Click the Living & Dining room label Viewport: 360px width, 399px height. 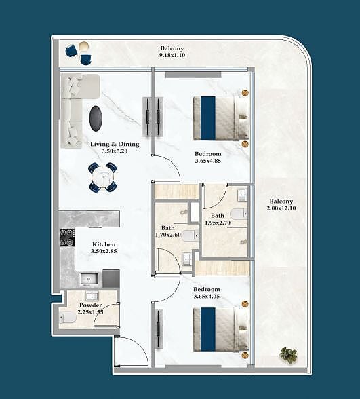point(115,144)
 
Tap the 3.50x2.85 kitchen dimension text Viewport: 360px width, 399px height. point(104,251)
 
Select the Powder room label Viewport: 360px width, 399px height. point(91,305)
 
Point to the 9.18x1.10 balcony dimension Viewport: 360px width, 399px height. point(172,55)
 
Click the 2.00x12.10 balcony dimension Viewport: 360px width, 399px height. point(281,208)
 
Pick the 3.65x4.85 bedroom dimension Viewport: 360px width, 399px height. point(208,161)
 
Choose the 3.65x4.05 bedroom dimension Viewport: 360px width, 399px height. point(206,296)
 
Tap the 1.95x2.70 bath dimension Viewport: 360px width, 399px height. point(218,223)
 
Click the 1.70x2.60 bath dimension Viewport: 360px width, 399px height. point(168,235)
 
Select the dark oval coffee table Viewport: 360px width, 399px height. point(96,119)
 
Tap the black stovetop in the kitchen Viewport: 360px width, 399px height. point(67,237)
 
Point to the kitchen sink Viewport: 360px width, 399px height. point(89,279)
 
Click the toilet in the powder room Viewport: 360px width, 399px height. point(68,318)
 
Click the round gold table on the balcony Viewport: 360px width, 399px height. point(83,47)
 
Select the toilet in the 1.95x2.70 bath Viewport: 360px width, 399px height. point(239,214)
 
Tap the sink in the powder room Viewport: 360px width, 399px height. point(92,296)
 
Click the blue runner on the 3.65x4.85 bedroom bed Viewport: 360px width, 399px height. point(208,118)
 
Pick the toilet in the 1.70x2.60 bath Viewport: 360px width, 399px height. point(190,235)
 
